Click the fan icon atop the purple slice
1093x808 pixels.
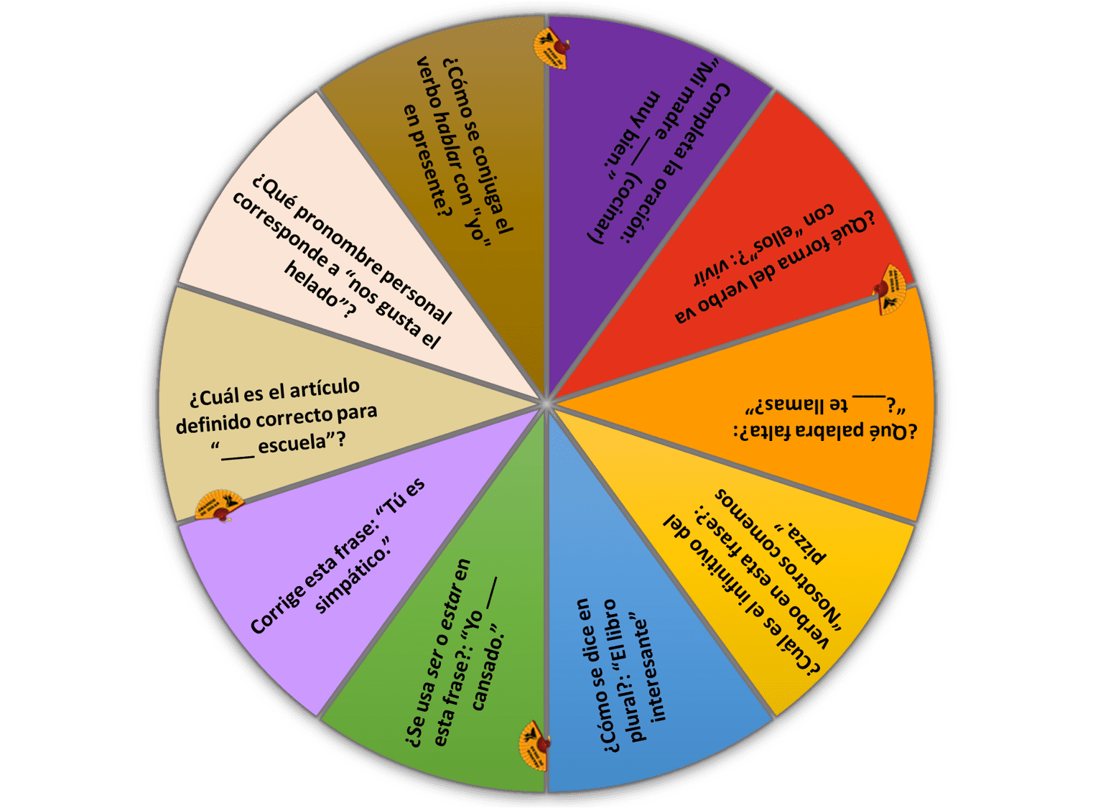click(551, 48)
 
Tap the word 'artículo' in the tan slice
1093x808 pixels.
click(325, 388)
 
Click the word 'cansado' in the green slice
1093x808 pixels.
click(487, 669)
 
